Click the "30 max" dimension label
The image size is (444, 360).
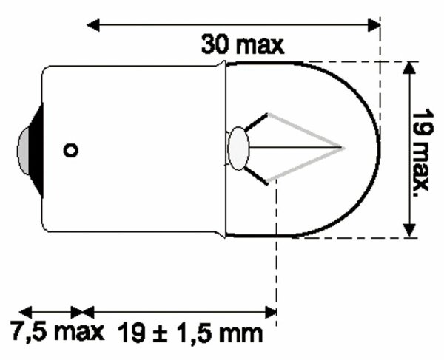click(x=242, y=45)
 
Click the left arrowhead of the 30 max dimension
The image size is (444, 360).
click(x=93, y=24)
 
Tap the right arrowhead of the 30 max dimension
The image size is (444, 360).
click(x=374, y=24)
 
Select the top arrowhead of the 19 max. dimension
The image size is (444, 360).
click(x=407, y=68)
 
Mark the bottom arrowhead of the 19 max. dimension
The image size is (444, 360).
click(x=407, y=231)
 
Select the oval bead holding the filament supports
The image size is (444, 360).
click(x=238, y=147)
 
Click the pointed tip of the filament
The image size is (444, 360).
click(x=342, y=146)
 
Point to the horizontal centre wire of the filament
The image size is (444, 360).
click(x=296, y=146)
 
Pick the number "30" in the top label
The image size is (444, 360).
click(x=215, y=45)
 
